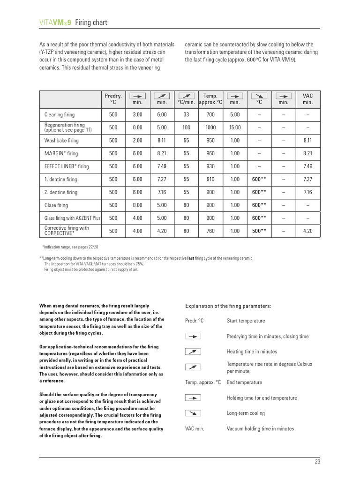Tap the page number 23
click(317, 462)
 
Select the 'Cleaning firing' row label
click(60, 114)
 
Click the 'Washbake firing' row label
click(61, 140)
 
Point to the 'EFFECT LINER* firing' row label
click(67, 166)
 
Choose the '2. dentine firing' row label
click(61, 192)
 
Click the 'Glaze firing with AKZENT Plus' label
click(73, 218)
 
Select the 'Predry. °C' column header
click(113, 98)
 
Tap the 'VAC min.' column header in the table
click(307, 98)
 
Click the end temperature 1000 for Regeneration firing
click(210, 127)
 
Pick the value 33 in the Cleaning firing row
click(186, 114)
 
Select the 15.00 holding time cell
click(235, 127)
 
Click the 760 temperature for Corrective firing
click(210, 231)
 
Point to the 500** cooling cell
click(259, 231)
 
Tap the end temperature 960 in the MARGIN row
click(210, 153)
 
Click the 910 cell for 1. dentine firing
click(210, 180)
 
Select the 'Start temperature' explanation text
click(246, 321)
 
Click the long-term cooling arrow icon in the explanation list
click(193, 413)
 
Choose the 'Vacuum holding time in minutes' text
click(260, 428)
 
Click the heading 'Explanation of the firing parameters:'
click(228, 306)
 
